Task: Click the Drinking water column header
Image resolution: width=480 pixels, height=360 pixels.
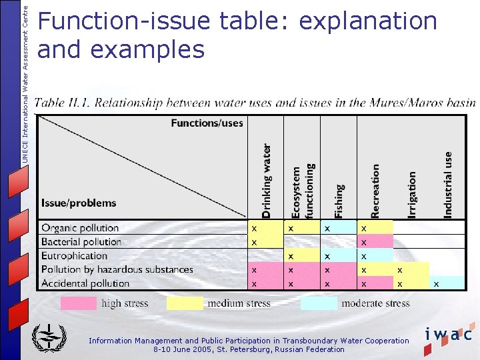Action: coord(266,181)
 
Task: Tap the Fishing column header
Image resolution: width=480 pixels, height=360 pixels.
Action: coord(339,201)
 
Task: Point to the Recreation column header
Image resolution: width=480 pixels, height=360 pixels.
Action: coord(375,191)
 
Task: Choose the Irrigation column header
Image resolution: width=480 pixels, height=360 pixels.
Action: coord(412,194)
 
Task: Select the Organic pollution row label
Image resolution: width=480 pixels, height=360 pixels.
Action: coord(80,228)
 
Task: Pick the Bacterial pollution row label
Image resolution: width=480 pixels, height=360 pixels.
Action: coord(81,242)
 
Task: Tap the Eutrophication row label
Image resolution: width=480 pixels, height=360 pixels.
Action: coord(74,256)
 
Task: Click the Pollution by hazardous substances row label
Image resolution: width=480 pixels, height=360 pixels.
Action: coord(117,270)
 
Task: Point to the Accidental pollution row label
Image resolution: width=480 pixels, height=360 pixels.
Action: coord(85,283)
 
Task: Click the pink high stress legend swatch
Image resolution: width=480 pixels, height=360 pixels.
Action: coord(79,304)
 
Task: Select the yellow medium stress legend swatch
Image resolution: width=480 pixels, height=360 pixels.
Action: coord(185,304)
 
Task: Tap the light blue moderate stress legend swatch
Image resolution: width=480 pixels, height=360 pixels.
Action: coord(318,304)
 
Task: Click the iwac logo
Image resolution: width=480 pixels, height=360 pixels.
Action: coord(448,334)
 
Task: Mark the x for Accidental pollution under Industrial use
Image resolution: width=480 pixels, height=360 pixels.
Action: coord(436,283)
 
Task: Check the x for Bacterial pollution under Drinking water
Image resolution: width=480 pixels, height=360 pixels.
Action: coord(254,241)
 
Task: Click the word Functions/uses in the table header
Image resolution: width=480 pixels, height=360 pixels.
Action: coord(207,123)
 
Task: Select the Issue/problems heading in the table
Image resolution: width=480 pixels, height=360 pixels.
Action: coord(79,203)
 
